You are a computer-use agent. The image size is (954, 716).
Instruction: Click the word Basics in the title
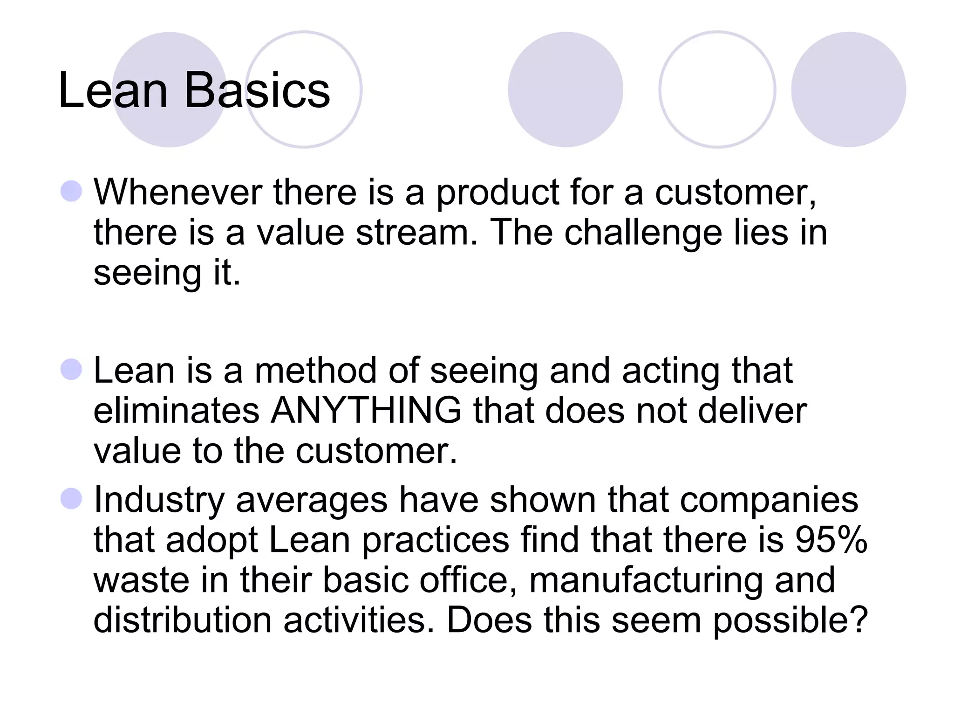(x=257, y=90)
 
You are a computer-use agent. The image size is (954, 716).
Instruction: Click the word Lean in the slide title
(x=113, y=90)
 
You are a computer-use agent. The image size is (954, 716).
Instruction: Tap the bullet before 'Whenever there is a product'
(x=71, y=191)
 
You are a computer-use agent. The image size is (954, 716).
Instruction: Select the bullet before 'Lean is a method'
(x=71, y=370)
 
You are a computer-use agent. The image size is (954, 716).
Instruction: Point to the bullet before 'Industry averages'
(x=71, y=499)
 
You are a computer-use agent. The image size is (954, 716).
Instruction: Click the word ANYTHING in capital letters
(x=366, y=411)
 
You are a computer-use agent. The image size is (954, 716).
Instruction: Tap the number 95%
(x=831, y=540)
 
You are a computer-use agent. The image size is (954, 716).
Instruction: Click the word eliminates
(x=176, y=411)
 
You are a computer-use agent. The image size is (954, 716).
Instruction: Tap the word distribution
(x=182, y=620)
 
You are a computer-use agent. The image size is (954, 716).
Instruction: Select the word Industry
(x=159, y=500)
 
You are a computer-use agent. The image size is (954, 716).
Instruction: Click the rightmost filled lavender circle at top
(x=848, y=89)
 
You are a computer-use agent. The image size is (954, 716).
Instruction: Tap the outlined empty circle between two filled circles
(x=717, y=89)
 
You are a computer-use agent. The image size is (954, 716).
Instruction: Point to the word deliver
(x=752, y=411)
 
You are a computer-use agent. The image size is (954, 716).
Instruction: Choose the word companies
(x=769, y=500)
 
